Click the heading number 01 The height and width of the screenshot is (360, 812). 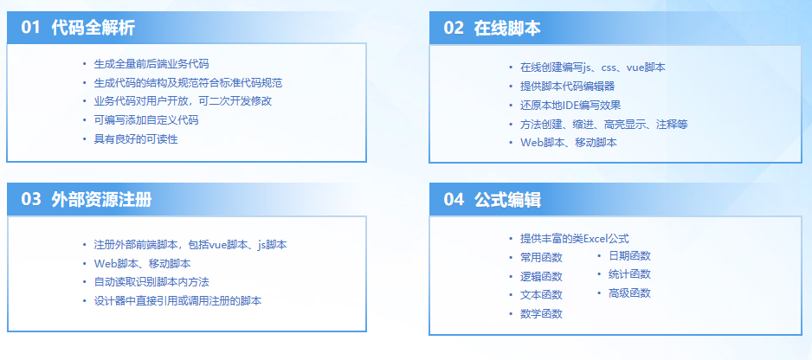(31, 28)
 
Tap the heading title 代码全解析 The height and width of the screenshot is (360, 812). (93, 28)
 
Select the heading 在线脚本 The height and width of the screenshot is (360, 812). (507, 28)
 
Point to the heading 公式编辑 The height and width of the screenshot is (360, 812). (507, 200)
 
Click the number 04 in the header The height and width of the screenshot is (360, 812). (454, 200)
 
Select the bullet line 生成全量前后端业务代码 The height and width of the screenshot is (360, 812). (151, 64)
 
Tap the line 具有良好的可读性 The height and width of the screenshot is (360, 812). (136, 139)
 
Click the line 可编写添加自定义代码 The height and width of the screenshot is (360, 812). (146, 120)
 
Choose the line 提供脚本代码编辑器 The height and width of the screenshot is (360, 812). (567, 86)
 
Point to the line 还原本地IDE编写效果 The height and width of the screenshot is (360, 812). (570, 105)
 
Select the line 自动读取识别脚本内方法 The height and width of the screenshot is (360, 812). (151, 282)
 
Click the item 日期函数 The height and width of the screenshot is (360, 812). (629, 256)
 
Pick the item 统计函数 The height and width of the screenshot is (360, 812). (629, 274)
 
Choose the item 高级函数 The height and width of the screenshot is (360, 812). (629, 293)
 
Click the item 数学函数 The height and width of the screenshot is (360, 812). (541, 313)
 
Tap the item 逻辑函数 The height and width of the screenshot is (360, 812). (541, 276)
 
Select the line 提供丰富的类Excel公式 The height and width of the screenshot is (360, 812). (574, 238)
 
